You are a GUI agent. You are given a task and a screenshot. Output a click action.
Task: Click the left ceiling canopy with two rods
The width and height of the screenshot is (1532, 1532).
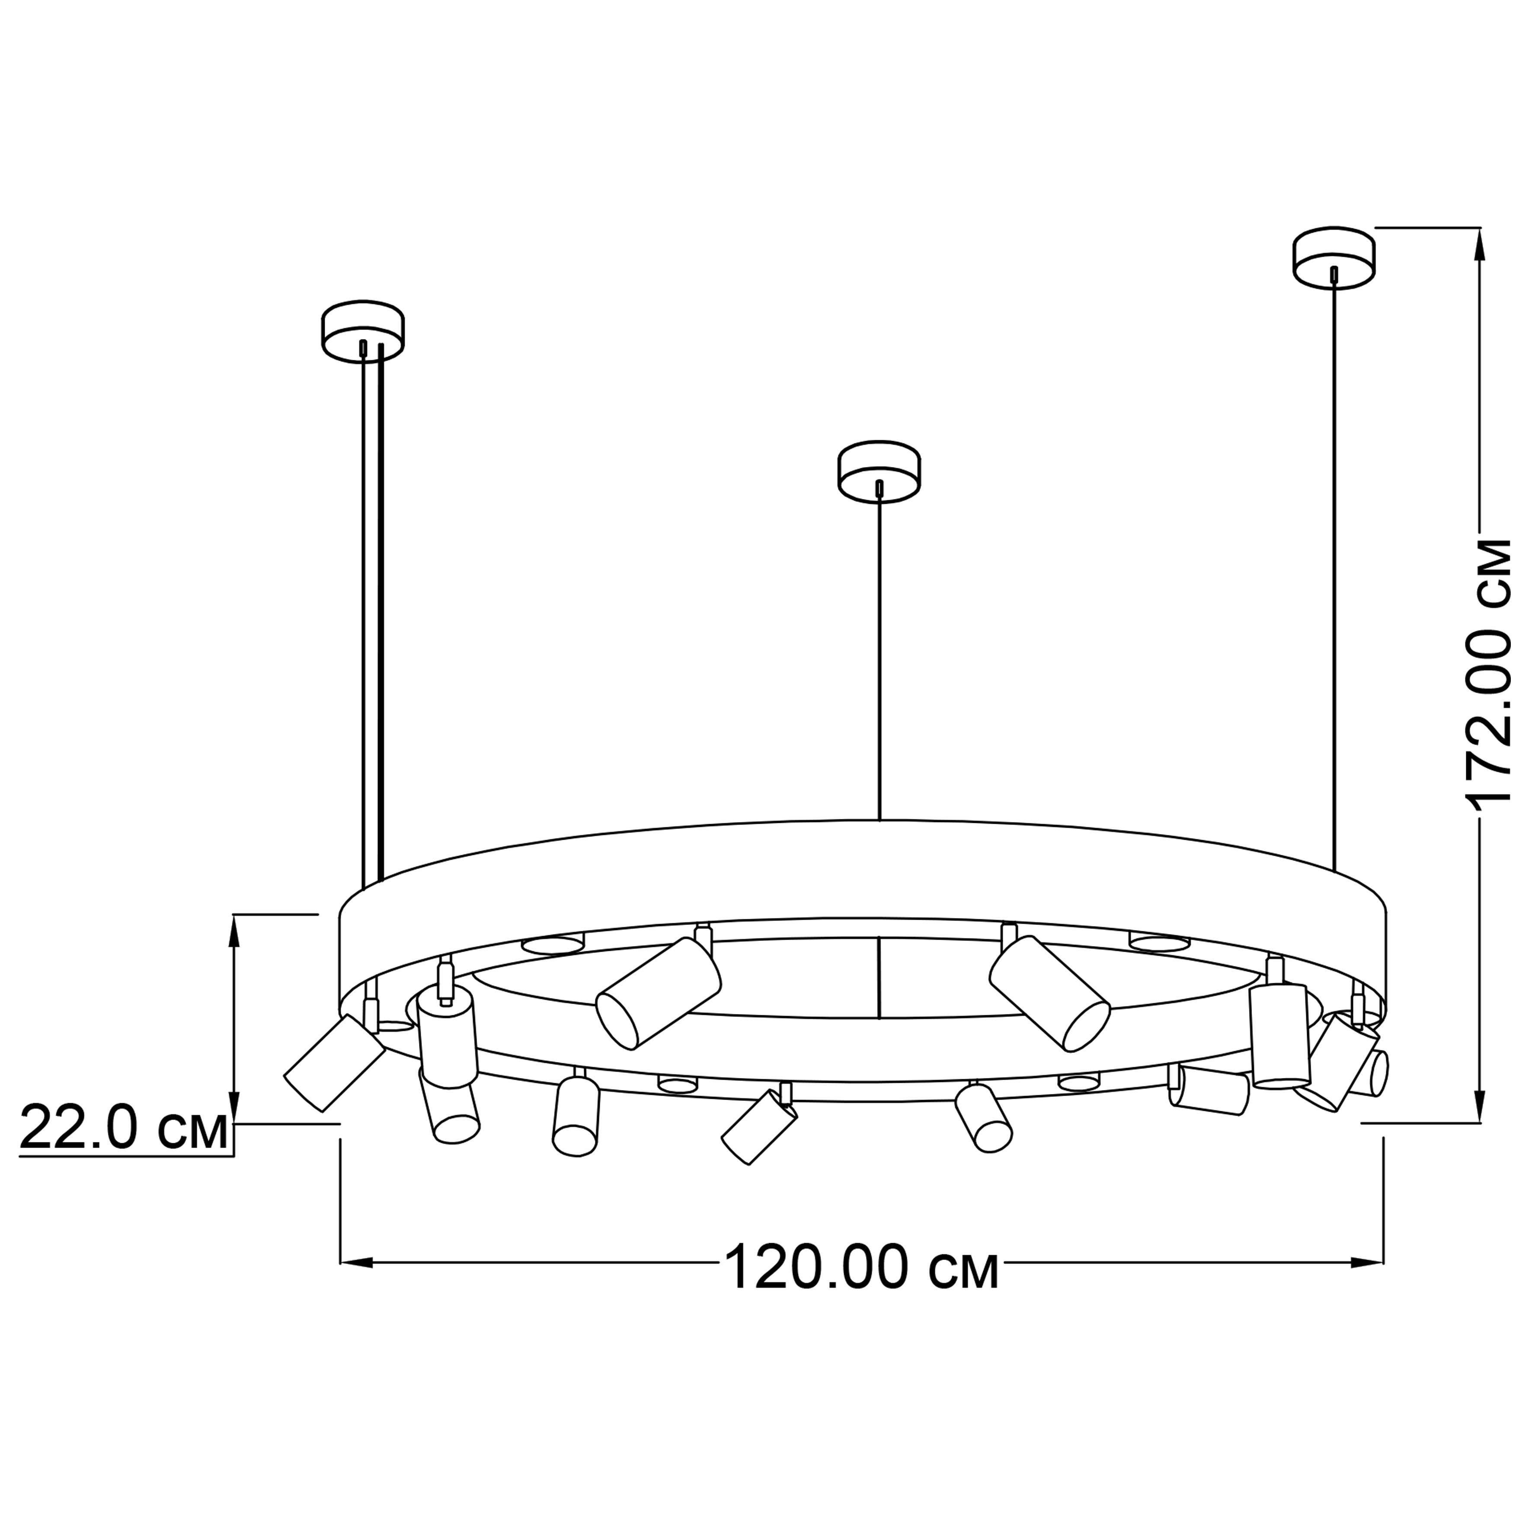coord(362,332)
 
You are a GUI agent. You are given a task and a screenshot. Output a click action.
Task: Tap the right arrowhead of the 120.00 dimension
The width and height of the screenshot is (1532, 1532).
coord(1368,1262)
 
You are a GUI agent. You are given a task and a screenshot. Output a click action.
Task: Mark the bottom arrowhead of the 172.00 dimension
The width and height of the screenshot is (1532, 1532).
coord(1479,1105)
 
